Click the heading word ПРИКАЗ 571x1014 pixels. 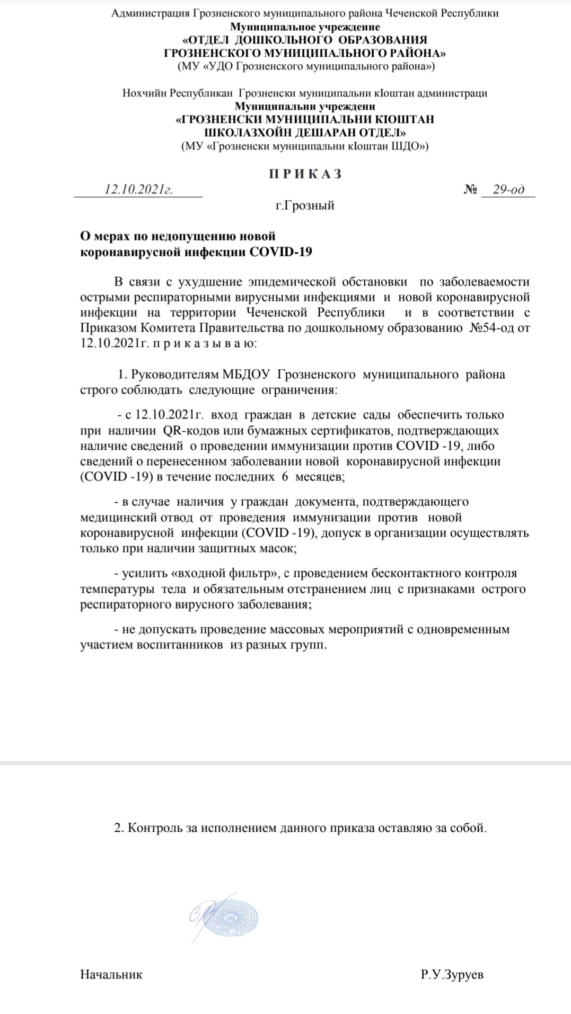pos(305,174)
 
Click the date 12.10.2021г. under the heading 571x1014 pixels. pos(138,190)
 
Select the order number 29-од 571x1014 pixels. pos(508,190)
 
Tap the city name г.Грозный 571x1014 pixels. pos(305,206)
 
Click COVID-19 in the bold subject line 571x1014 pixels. pos(280,252)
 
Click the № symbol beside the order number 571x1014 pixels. pos(470,190)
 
